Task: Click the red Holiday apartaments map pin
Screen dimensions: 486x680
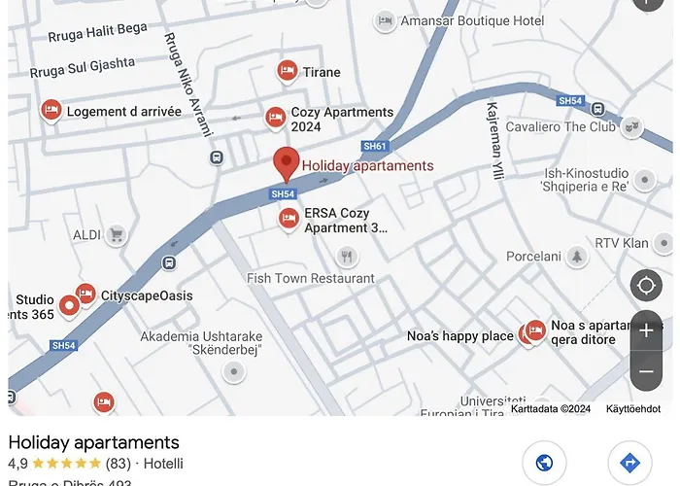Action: (x=286, y=162)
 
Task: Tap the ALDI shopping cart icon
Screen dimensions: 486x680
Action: (x=116, y=234)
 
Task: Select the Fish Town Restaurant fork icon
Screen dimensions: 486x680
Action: (x=348, y=257)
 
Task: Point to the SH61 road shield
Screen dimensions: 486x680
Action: (x=374, y=147)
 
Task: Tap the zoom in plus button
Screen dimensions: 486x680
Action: (x=646, y=330)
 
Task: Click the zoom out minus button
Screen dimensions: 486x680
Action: (x=646, y=371)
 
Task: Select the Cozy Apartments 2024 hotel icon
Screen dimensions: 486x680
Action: (x=276, y=118)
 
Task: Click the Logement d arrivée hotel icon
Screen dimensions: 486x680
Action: (x=51, y=110)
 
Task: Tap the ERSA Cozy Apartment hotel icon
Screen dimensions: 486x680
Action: (x=288, y=219)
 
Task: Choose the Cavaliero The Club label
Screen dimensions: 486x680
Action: (x=561, y=126)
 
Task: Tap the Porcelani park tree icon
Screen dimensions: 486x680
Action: (x=578, y=256)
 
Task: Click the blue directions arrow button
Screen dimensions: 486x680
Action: (x=629, y=463)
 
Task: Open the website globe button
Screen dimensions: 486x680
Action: (x=544, y=463)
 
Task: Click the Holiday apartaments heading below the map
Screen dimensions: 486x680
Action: (x=93, y=442)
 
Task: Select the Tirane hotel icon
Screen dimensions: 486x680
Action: (x=287, y=71)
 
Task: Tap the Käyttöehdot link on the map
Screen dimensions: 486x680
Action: (x=633, y=409)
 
